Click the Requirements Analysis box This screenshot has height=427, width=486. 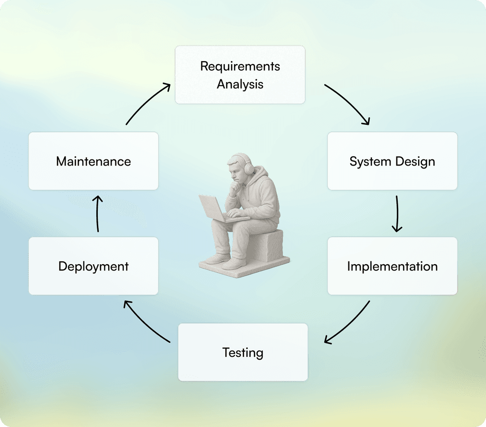(240, 74)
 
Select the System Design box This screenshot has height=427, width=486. (392, 161)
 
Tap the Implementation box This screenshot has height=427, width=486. (392, 266)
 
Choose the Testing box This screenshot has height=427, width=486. (243, 353)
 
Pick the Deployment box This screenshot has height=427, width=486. (93, 266)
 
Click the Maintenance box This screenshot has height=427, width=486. (93, 161)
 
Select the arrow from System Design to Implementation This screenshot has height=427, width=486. (397, 213)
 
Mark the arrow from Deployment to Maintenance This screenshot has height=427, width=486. (97, 213)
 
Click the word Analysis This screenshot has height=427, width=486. (240, 84)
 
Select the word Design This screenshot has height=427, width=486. (414, 162)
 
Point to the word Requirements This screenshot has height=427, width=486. (240, 66)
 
